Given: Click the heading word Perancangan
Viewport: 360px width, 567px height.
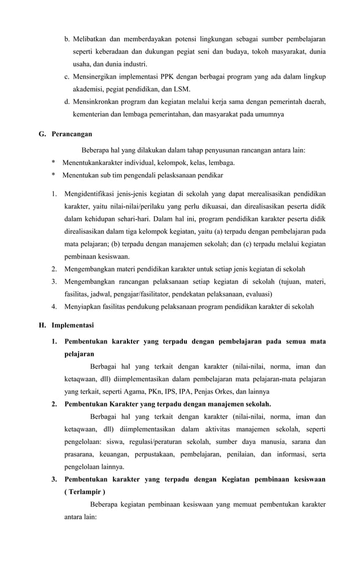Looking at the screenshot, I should tap(72, 134).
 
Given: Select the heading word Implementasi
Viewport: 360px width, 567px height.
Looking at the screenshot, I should tap(73, 325).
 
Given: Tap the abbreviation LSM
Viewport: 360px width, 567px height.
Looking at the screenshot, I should tap(181, 89).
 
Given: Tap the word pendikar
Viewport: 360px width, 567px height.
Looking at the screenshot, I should tap(210, 176).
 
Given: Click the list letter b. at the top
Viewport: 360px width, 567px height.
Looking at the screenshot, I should tap(67, 40).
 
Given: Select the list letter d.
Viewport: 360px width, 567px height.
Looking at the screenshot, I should tap(67, 102).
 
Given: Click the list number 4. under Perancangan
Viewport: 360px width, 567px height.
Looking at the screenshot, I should tap(54, 306).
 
